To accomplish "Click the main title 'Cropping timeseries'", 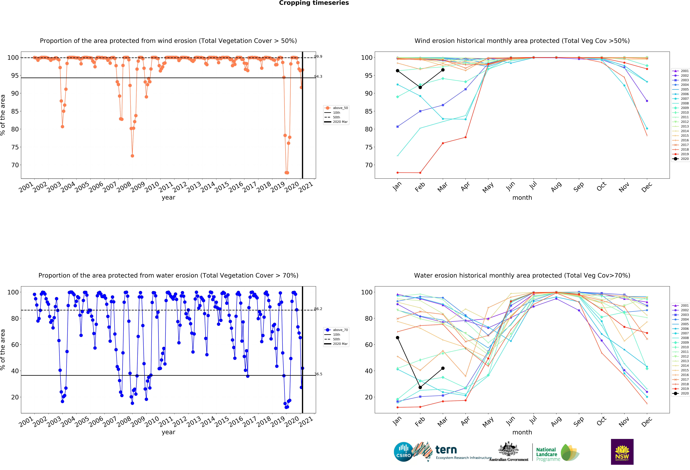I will point(314,3).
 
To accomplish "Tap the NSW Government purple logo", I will point(622,452).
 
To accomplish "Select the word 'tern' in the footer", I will point(446,450).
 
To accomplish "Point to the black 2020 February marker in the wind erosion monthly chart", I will point(420,88).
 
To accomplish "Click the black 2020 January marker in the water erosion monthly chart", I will point(398,338).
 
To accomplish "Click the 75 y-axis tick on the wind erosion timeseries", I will point(15,147).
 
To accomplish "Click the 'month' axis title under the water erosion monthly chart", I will point(522,432).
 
